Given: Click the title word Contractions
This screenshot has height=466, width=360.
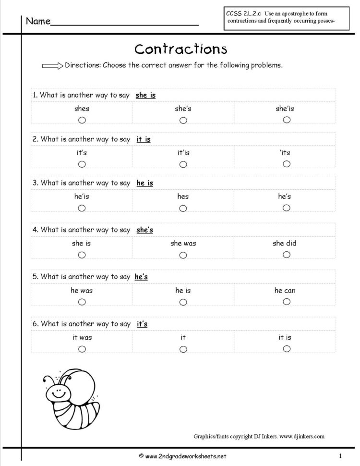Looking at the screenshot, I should [x=180, y=49].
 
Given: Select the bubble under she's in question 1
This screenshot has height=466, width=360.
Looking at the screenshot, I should [x=183, y=120].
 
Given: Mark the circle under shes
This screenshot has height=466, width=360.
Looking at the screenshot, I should [x=82, y=120].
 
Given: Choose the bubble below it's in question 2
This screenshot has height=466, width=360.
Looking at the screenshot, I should [x=82, y=164].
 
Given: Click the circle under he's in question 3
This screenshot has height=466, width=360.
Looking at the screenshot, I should [x=287, y=208].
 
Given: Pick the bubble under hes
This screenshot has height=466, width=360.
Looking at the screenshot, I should [x=183, y=208].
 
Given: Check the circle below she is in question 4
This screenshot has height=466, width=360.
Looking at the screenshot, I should [x=82, y=255].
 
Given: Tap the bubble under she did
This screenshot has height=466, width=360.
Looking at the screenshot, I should [x=287, y=255].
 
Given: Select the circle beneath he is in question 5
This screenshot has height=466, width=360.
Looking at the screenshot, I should [x=183, y=302].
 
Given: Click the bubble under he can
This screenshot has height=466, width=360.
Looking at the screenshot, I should [x=287, y=302].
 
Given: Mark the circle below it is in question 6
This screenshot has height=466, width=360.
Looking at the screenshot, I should [x=287, y=349].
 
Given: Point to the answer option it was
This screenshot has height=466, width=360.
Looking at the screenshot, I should [x=82, y=337].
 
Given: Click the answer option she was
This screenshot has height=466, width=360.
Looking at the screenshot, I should [x=183, y=243].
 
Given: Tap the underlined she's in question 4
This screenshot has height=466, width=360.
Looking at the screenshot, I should [x=144, y=230].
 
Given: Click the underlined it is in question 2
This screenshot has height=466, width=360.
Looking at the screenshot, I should [x=144, y=139].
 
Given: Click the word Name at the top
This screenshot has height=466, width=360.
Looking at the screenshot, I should [x=38, y=22].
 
